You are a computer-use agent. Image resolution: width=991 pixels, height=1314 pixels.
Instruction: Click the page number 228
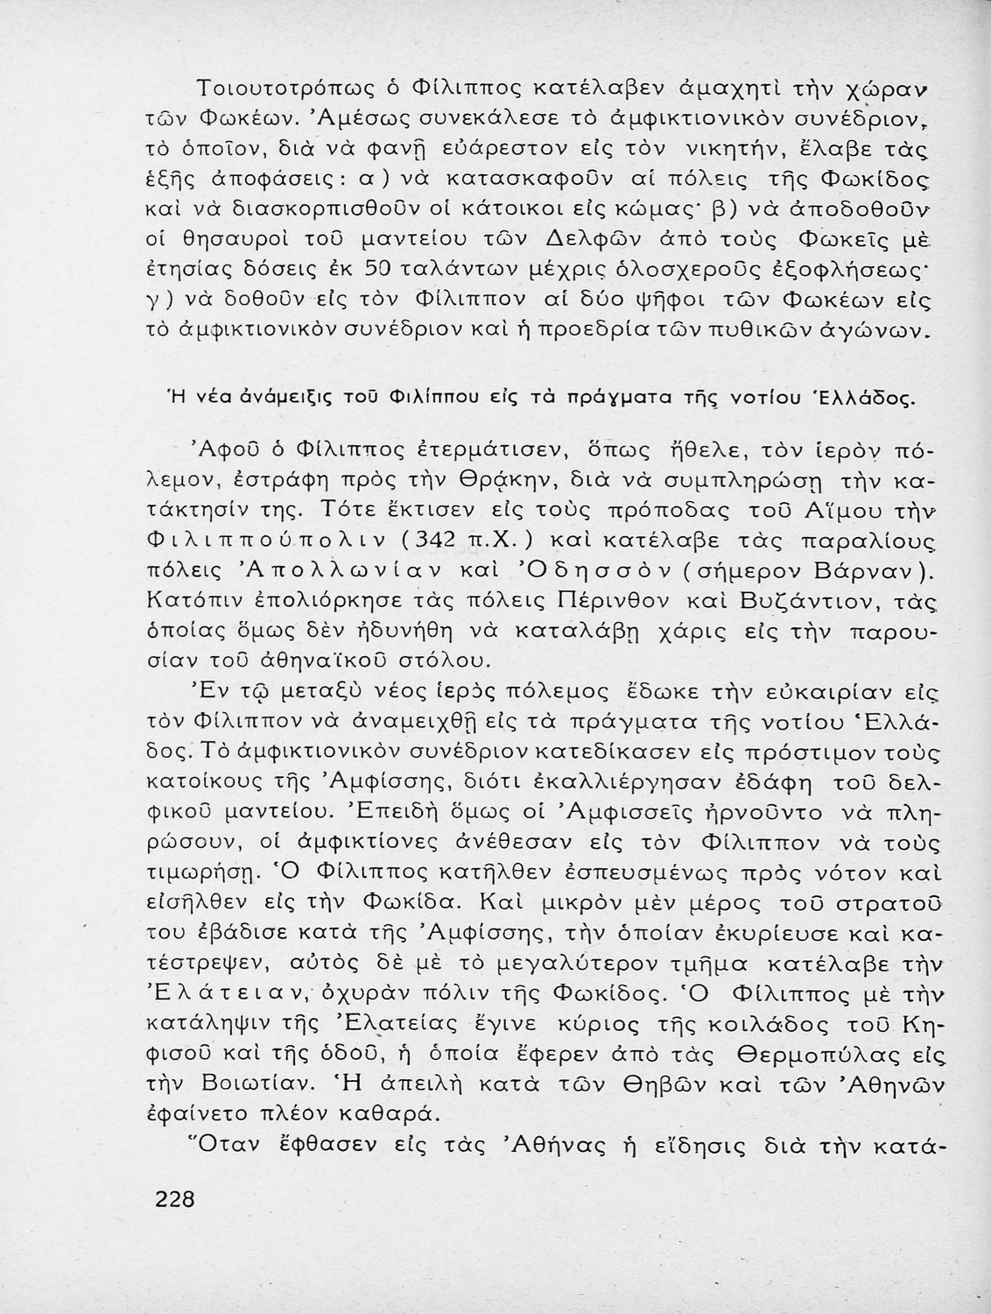click(x=175, y=1199)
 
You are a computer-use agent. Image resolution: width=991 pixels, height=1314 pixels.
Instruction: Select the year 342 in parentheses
click(x=429, y=542)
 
